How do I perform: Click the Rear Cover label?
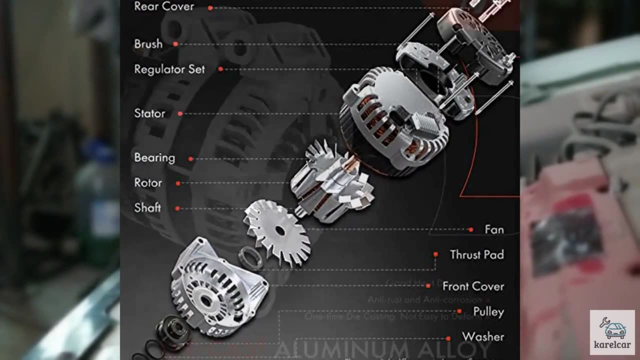[164, 6]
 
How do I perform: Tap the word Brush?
[148, 44]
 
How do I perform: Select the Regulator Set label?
[169, 69]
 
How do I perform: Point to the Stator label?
[149, 113]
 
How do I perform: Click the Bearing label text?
[154, 157]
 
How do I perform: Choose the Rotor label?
[148, 183]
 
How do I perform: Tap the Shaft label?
[147, 207]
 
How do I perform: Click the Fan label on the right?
[494, 229]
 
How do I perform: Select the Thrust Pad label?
[476, 254]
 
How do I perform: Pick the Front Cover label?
[473, 286]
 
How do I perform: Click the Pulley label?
[488, 311]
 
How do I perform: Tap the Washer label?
[482, 336]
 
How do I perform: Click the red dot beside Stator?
[180, 114]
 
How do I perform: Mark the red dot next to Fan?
[470, 230]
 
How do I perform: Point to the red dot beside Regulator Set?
[220, 69]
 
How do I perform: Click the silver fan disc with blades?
[277, 231]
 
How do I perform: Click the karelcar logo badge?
[613, 332]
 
